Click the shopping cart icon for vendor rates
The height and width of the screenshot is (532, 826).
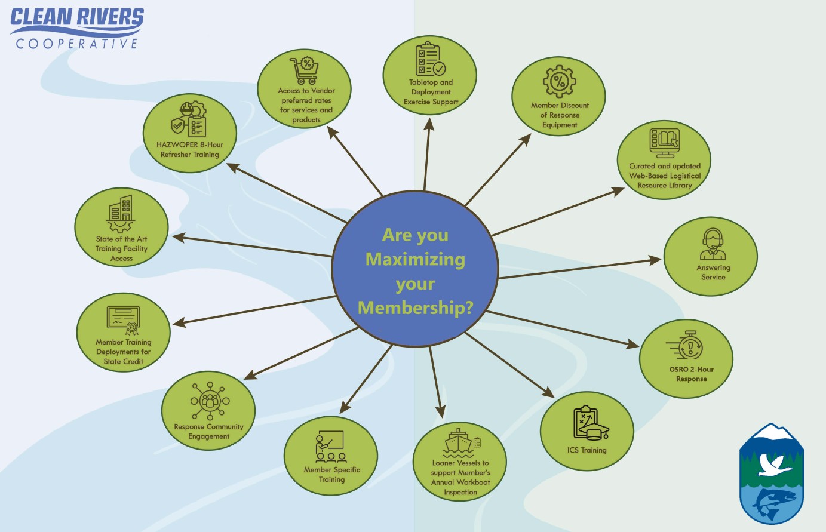point(305,70)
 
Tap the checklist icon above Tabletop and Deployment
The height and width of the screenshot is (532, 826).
point(430,60)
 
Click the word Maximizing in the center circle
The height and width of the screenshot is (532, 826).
point(415,260)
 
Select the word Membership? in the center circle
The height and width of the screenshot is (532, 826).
point(415,308)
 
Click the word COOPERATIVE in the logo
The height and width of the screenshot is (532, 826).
point(76,44)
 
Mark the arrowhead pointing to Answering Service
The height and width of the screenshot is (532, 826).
point(655,259)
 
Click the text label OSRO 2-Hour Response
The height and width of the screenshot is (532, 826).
point(691,374)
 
